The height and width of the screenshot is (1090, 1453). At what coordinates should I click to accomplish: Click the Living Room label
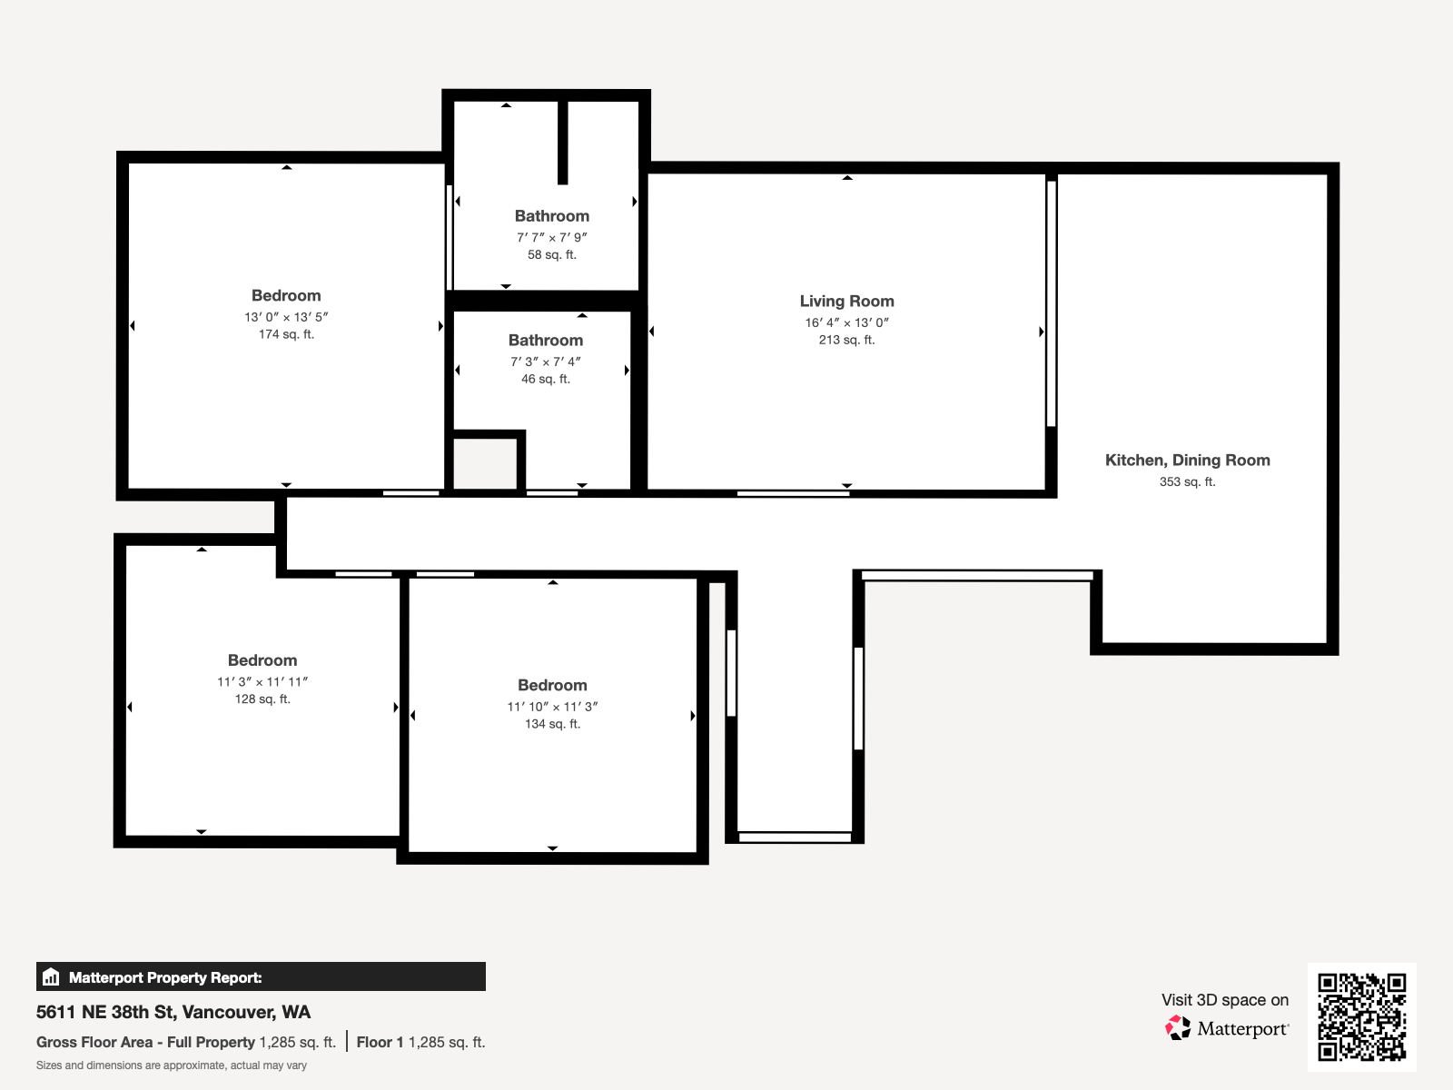pyautogui.click(x=846, y=302)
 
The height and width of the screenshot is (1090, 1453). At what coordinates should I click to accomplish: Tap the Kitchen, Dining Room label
pyautogui.click(x=1187, y=461)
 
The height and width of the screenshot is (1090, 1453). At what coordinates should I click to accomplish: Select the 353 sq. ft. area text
pyautogui.click(x=1187, y=482)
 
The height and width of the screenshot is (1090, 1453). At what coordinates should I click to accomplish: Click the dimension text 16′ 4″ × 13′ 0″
pyautogui.click(x=846, y=322)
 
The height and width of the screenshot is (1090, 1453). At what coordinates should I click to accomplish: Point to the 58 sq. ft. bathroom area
pyautogui.click(x=552, y=255)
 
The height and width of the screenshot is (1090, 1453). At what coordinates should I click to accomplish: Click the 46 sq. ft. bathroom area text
pyautogui.click(x=546, y=380)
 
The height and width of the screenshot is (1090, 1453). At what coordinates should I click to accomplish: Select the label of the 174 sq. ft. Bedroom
pyautogui.click(x=286, y=296)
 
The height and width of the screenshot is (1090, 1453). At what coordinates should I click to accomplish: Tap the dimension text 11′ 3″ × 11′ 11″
pyautogui.click(x=262, y=682)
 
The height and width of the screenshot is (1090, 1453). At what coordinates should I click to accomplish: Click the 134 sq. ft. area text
pyautogui.click(x=552, y=724)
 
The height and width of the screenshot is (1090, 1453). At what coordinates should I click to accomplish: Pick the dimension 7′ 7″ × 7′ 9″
pyautogui.click(x=552, y=238)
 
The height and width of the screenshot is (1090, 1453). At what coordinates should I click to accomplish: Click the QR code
pyautogui.click(x=1361, y=1016)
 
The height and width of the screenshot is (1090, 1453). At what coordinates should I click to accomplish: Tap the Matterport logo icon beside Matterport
pyautogui.click(x=1178, y=1028)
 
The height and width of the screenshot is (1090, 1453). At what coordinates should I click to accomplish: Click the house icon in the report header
pyautogui.click(x=51, y=977)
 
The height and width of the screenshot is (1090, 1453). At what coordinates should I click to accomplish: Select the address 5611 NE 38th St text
pyautogui.click(x=173, y=1012)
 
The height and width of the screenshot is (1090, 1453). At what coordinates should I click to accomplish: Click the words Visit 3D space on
pyautogui.click(x=1224, y=1000)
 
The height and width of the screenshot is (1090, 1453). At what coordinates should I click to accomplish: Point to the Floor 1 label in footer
pyautogui.click(x=380, y=1043)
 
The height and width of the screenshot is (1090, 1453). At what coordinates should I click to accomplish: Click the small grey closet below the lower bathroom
pyautogui.click(x=485, y=464)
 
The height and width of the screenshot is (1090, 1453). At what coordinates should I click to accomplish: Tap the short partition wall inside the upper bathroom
pyautogui.click(x=563, y=142)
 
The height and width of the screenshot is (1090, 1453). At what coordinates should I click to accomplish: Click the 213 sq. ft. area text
pyautogui.click(x=846, y=341)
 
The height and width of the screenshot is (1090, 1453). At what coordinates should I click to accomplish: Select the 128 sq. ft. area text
pyautogui.click(x=262, y=699)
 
